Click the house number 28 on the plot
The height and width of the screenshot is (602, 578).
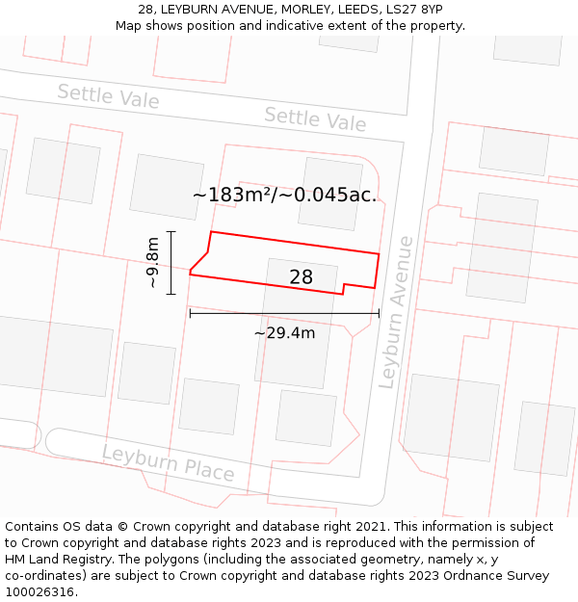[302, 277]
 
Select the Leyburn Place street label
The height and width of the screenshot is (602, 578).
[168, 463]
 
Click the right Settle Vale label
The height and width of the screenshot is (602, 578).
[315, 119]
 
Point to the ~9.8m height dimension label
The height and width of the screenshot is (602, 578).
[153, 263]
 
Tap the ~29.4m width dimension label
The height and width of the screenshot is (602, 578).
[284, 333]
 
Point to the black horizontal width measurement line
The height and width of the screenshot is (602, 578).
[284, 313]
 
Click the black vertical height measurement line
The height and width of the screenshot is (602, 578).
[171, 262]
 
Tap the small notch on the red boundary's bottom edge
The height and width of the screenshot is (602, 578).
[344, 288]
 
